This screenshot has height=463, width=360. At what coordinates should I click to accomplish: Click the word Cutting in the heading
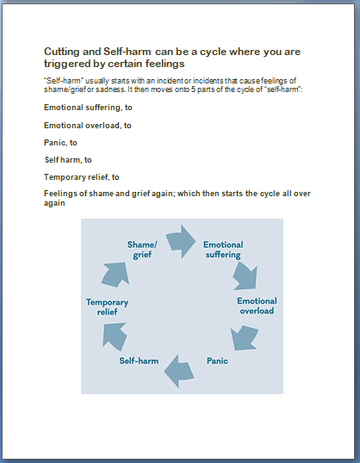click(62, 52)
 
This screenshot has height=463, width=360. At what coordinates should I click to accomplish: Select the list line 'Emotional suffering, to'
click(88, 108)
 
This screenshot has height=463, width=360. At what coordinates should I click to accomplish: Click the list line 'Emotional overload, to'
click(88, 126)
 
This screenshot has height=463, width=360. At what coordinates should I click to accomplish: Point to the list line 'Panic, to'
click(60, 143)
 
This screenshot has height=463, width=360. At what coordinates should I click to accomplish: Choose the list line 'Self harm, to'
click(68, 160)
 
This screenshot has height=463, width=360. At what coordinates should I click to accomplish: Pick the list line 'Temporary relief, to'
click(82, 177)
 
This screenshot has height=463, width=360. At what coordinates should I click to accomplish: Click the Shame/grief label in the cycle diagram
click(142, 250)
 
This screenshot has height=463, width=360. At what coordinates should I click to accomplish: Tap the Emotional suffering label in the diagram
click(223, 250)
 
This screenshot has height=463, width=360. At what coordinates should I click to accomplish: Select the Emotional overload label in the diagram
click(257, 306)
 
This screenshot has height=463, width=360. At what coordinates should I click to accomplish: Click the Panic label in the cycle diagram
click(217, 361)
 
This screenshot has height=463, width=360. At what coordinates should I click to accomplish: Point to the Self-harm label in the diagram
click(139, 361)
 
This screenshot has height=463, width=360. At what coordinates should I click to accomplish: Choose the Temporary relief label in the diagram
click(107, 307)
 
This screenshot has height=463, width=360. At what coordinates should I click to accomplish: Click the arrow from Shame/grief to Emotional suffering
click(181, 242)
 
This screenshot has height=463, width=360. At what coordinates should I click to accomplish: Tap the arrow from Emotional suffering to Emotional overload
click(245, 276)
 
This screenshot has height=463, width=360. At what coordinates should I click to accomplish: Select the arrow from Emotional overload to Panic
click(244, 337)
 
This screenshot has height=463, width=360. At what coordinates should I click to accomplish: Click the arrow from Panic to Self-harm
click(179, 371)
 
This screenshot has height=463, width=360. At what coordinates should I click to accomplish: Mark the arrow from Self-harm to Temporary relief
click(115, 336)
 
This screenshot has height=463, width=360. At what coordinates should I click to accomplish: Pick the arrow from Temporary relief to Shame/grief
click(116, 275)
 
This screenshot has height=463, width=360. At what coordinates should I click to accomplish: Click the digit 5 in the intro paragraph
click(193, 90)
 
